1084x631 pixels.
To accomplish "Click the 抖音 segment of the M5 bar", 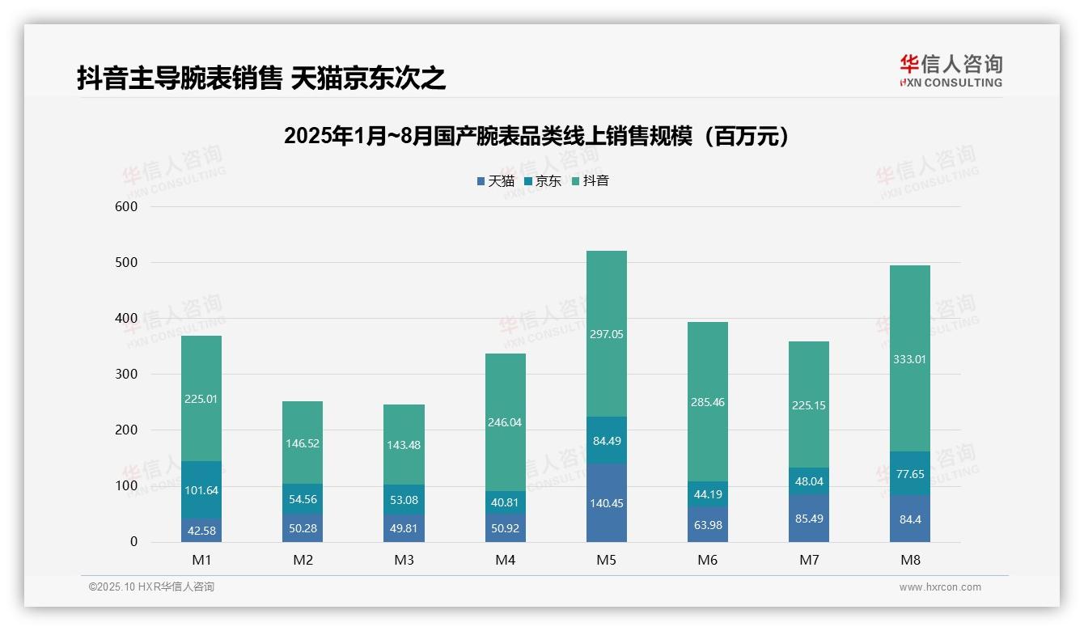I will point(606,333).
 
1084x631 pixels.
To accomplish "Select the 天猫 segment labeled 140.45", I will point(606,502).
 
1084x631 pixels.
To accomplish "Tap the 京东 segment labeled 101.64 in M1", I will point(201,489).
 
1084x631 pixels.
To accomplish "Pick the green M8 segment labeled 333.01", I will point(909,358).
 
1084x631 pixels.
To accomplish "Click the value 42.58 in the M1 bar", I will point(201,531).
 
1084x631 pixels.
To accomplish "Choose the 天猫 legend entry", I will point(495,181).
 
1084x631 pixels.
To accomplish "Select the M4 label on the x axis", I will point(505,560).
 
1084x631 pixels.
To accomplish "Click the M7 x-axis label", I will point(809,560).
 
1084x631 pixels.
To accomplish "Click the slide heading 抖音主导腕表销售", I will point(261,78).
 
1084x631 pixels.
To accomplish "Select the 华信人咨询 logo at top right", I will point(951,71).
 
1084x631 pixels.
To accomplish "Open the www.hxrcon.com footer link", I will point(939,587).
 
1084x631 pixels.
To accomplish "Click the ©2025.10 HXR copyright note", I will point(151,587).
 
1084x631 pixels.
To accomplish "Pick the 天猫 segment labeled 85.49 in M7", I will point(809,519).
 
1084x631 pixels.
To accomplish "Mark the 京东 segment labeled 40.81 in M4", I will point(505,502).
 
